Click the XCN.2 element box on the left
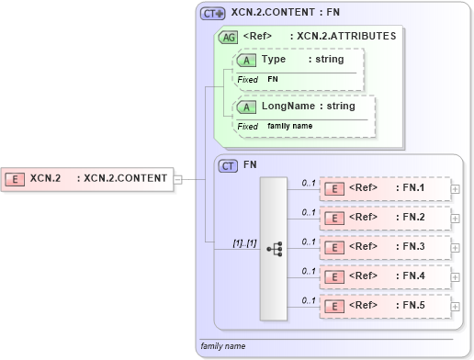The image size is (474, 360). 87,178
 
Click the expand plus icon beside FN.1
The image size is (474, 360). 456,189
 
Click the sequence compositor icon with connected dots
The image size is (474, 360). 274,249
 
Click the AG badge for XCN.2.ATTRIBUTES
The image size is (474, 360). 227,37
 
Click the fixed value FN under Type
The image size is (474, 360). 273,80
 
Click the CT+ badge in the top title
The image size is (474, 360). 213,14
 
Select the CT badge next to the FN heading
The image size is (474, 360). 227,166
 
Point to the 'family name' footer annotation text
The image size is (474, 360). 224,346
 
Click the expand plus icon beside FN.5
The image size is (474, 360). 456,306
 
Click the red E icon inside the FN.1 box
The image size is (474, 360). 335,189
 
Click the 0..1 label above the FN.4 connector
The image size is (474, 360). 309,270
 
